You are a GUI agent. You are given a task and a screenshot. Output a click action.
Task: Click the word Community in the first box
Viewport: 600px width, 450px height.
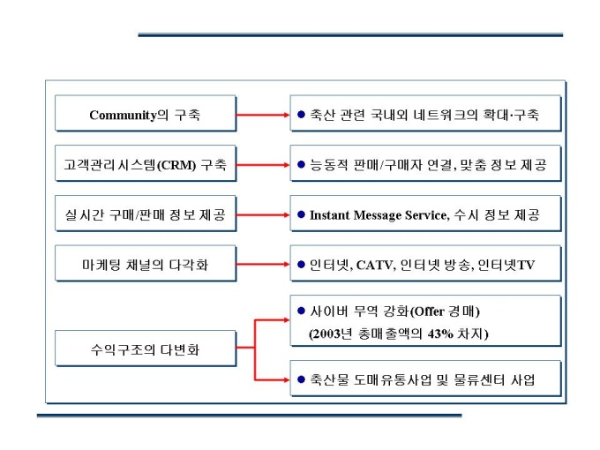pos(123,115)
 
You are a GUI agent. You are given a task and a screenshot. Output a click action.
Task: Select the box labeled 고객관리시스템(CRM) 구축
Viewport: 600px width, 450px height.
pos(146,164)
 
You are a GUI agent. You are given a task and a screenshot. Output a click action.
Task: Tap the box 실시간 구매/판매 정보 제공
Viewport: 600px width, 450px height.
pos(146,214)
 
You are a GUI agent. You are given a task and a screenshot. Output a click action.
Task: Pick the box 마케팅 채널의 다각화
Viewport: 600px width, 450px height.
pos(146,264)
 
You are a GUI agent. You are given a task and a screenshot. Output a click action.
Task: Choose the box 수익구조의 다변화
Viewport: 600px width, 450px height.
pos(146,349)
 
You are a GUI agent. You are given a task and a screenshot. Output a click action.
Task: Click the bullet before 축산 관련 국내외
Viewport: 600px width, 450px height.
pos(301,115)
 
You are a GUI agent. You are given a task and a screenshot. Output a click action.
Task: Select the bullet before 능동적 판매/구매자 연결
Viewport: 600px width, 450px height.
pos(301,164)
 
